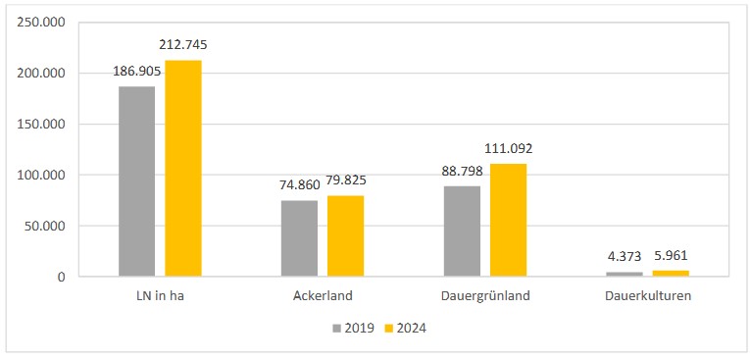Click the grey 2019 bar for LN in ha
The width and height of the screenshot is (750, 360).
click(136, 181)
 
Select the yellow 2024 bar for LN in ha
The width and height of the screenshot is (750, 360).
click(183, 169)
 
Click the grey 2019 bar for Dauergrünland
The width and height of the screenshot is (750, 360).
click(462, 231)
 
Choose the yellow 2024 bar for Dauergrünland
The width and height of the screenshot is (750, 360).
click(508, 220)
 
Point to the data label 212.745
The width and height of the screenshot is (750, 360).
click(183, 45)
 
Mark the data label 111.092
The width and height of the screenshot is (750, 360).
click(508, 148)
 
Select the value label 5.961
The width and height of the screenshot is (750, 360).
click(671, 255)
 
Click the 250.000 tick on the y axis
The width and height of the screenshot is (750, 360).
click(40, 23)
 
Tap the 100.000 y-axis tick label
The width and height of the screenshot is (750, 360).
click(40, 175)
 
